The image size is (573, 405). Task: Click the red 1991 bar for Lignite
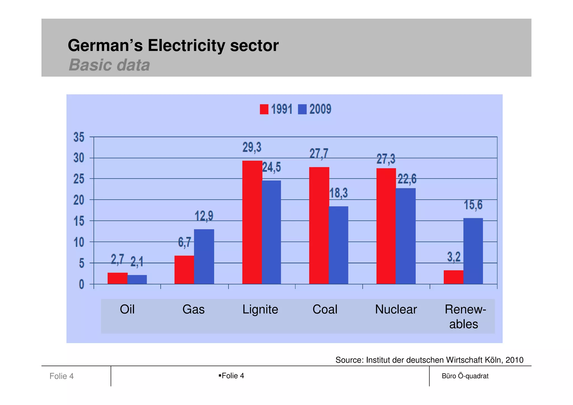pyautogui.click(x=252, y=222)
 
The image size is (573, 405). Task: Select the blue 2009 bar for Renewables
pyautogui.click(x=473, y=251)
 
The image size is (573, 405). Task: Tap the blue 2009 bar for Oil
pyautogui.click(x=137, y=279)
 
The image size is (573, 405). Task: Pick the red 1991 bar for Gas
pyautogui.click(x=184, y=270)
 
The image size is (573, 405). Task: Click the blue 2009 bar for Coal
pyautogui.click(x=339, y=245)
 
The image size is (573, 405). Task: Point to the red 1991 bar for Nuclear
pyautogui.click(x=386, y=226)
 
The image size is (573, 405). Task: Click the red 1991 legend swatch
pyautogui.click(x=264, y=109)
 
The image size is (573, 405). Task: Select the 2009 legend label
pyautogui.click(x=320, y=109)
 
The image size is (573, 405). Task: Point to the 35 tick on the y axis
pyautogui.click(x=79, y=137)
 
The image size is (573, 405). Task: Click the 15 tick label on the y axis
pyautogui.click(x=79, y=221)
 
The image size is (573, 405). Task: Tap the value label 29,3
pyautogui.click(x=252, y=147)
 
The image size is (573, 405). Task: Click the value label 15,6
pyautogui.click(x=473, y=205)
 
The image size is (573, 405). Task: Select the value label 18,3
pyautogui.click(x=339, y=193)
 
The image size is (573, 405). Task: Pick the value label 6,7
pyautogui.click(x=185, y=242)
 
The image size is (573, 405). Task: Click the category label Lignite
pyautogui.click(x=260, y=310)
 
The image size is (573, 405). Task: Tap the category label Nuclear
pyautogui.click(x=396, y=310)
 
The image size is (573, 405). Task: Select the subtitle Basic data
pyautogui.click(x=109, y=65)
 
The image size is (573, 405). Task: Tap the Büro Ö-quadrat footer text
pyautogui.click(x=465, y=376)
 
